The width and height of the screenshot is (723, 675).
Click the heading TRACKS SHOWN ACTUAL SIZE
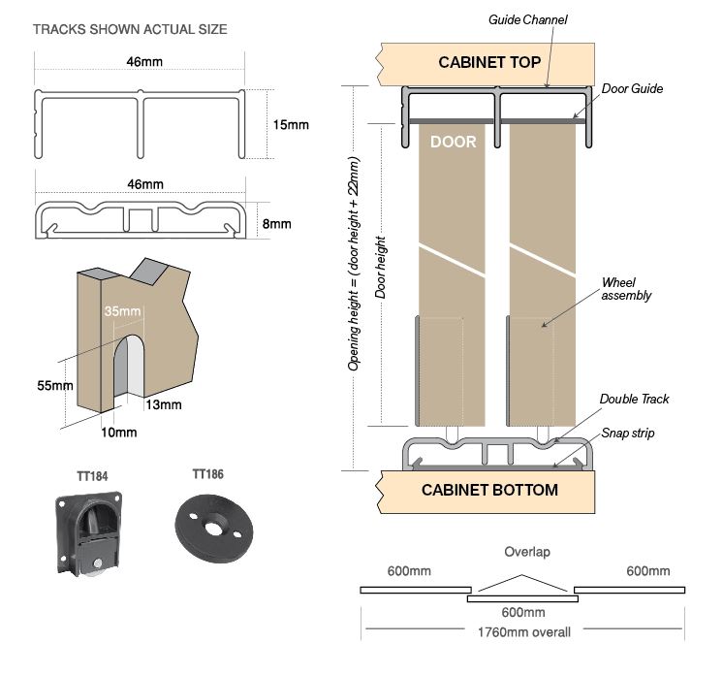click(130, 29)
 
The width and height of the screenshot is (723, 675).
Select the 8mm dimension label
click(277, 224)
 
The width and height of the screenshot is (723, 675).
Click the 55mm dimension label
click(55, 385)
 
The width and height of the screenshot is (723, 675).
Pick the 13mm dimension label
click(164, 404)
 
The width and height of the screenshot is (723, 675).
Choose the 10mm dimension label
click(119, 432)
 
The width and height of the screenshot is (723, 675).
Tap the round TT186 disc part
click(209, 518)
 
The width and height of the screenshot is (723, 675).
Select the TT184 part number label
click(92, 476)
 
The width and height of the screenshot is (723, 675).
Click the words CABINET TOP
click(489, 63)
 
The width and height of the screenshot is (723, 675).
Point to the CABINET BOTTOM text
click(489, 490)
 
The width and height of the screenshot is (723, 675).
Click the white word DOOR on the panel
click(453, 142)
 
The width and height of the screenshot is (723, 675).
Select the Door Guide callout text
click(632, 88)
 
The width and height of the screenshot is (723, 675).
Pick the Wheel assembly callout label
click(626, 288)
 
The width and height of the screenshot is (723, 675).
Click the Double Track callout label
click(634, 399)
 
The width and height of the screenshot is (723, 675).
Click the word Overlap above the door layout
click(526, 552)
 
